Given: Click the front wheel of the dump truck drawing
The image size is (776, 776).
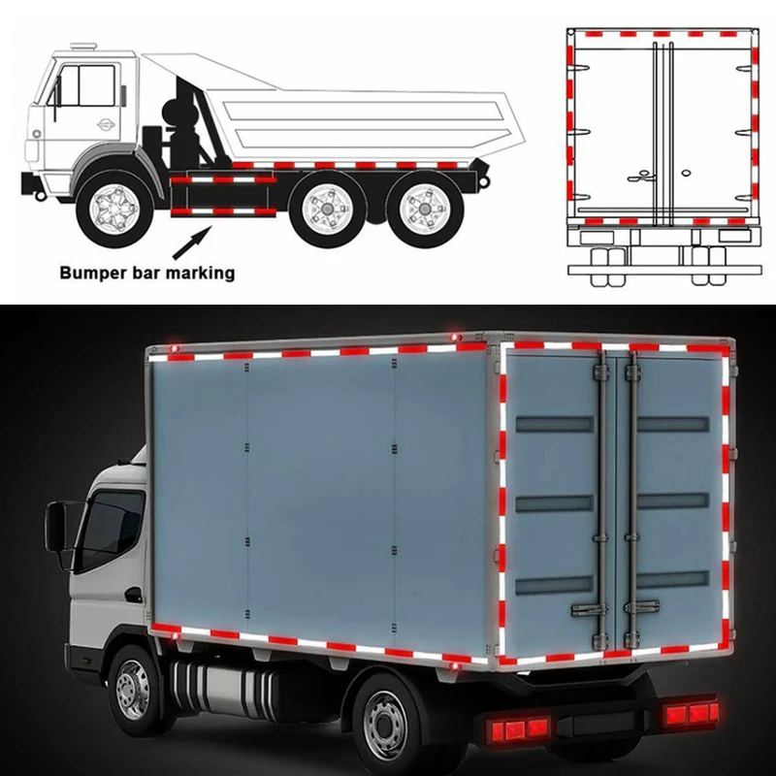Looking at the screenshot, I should tap(115, 209).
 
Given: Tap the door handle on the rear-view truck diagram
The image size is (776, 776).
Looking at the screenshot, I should tap(641, 175).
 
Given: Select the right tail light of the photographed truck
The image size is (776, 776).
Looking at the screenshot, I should tap(691, 715).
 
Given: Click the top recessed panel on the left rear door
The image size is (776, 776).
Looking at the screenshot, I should tap(554, 425).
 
